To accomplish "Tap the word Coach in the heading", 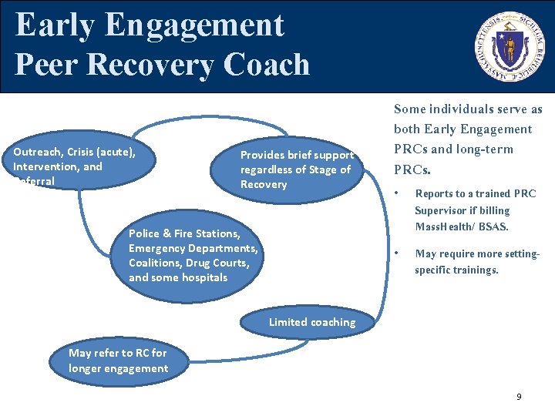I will (x=267, y=64).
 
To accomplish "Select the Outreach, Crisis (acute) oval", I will (x=77, y=166).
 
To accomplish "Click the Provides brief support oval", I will (x=297, y=169).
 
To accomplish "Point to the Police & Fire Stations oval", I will (x=193, y=255).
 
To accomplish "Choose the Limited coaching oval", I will (x=312, y=322).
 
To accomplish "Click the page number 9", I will (x=519, y=396).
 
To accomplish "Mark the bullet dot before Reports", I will (x=396, y=193).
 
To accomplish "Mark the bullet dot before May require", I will (x=396, y=253).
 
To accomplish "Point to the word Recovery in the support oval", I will (x=264, y=184).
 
